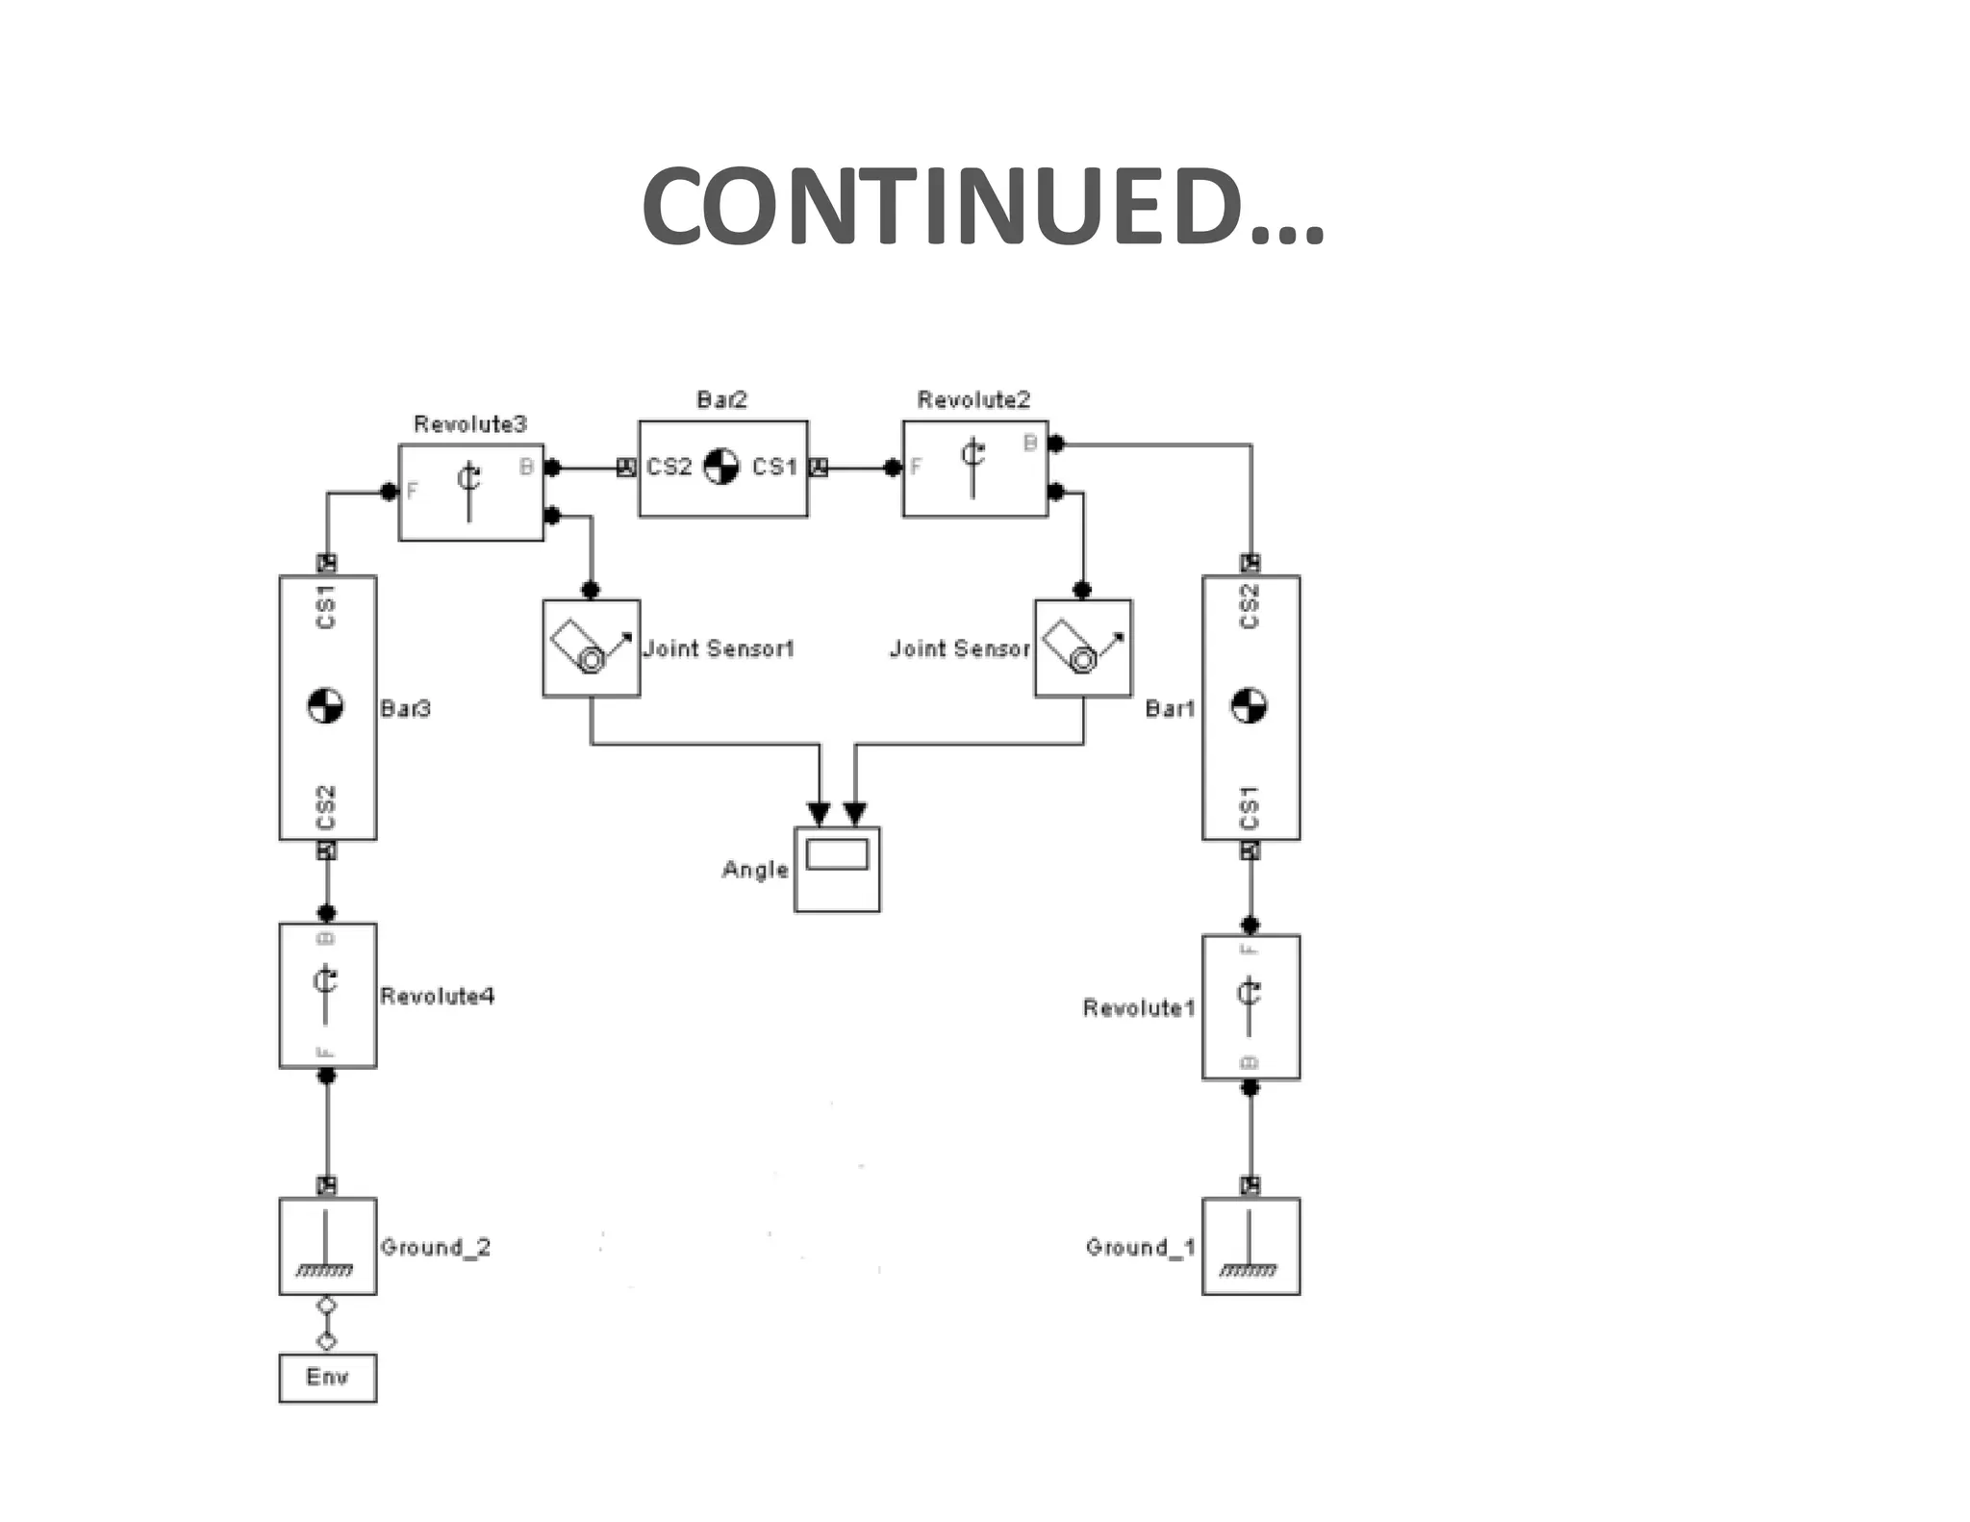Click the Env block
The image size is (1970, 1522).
tap(327, 1378)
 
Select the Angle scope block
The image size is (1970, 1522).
tap(837, 869)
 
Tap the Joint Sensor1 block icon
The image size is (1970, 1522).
tap(591, 647)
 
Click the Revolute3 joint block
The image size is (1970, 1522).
tap(470, 492)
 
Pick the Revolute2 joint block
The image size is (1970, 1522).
tap(974, 469)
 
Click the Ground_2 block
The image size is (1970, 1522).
tap(327, 1246)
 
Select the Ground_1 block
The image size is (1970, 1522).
tap(1250, 1246)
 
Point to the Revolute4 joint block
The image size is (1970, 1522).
tap(327, 995)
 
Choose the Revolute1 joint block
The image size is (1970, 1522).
tap(1250, 1006)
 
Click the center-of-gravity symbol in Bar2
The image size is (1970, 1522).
tap(720, 467)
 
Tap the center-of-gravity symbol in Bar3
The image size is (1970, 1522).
tap(325, 705)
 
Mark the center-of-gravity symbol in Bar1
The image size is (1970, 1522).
tap(1249, 706)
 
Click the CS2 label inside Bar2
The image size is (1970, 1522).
tap(669, 468)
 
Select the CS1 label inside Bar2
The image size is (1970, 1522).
tap(774, 468)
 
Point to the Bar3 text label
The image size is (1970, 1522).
tap(405, 709)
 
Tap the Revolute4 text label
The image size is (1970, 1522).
tap(437, 996)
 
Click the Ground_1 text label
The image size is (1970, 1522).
tap(1140, 1247)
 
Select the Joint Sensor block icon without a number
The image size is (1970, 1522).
tap(1083, 647)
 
